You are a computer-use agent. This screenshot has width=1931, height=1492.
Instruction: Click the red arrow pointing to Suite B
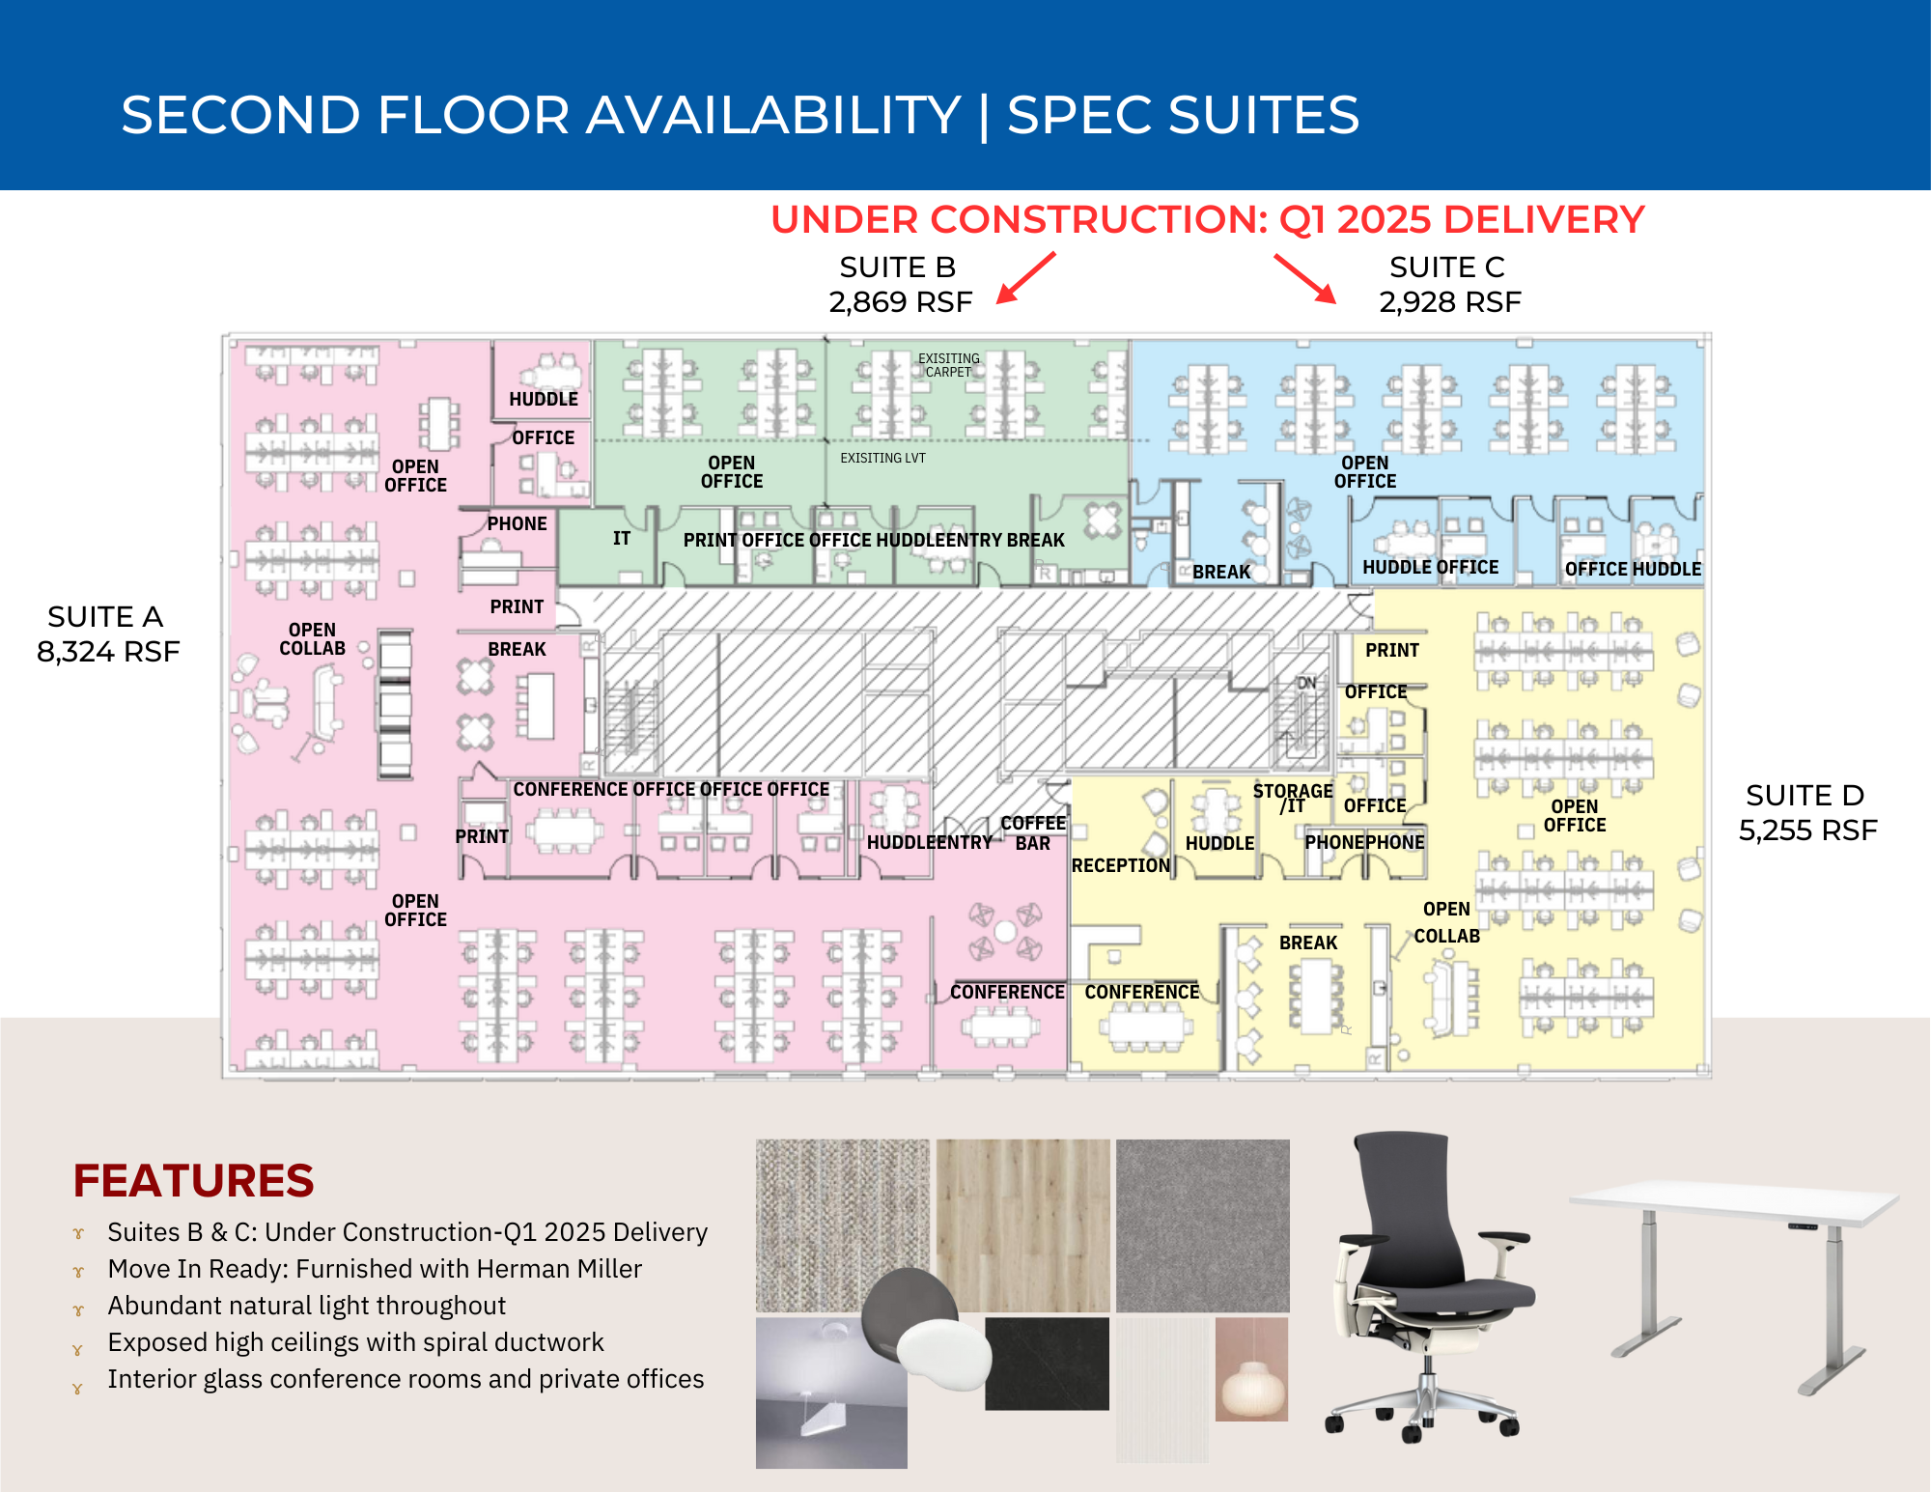point(1026,278)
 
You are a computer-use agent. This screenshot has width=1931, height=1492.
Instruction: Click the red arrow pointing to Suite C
point(1304,278)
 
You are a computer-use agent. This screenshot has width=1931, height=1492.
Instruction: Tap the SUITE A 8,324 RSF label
point(107,633)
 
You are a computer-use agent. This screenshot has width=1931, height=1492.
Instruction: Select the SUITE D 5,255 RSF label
point(1806,812)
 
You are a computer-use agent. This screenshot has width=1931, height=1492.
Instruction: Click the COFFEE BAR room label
point(1032,832)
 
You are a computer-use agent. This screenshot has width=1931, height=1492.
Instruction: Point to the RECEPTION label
point(1120,865)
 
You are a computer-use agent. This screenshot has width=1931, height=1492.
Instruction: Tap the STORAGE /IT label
point(1293,798)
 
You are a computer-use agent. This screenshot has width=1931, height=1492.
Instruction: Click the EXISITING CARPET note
point(948,365)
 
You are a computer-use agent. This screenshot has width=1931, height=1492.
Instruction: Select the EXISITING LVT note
point(882,458)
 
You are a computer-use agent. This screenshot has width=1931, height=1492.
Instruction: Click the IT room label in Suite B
point(622,538)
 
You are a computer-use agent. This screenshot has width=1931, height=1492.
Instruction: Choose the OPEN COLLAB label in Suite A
point(312,638)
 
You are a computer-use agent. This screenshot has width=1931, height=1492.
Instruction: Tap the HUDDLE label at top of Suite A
point(544,399)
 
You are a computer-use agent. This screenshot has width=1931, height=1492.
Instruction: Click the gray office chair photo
point(1427,1284)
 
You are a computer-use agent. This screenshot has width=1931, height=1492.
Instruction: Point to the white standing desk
point(1734,1275)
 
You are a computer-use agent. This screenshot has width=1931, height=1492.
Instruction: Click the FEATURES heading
point(193,1180)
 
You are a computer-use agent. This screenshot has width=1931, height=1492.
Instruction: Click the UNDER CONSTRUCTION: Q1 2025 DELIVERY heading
point(1207,220)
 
